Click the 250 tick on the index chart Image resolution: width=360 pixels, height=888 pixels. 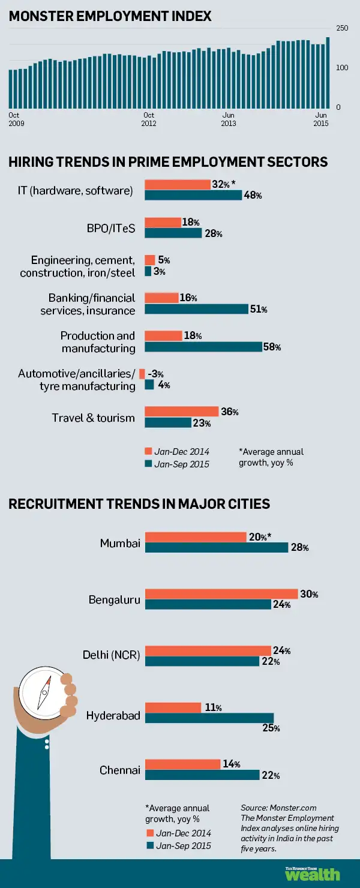click(342, 28)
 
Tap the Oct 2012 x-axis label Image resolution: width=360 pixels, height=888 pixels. click(149, 119)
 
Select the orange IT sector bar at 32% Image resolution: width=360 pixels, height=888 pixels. click(177, 185)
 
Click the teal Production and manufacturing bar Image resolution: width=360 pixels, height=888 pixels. click(203, 347)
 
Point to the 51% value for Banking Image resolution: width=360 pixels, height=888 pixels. click(259, 310)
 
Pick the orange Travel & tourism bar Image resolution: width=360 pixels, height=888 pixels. click(182, 412)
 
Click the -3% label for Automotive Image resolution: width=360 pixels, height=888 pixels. click(155, 374)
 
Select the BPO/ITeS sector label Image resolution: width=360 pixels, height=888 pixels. click(111, 229)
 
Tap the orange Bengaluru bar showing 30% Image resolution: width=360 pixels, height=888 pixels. click(221, 594)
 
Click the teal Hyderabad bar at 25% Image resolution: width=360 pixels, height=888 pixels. click(209, 718)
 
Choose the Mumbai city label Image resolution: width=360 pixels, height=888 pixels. click(120, 543)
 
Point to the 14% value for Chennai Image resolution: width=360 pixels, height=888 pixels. click(231, 764)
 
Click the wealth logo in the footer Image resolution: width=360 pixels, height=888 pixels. click(312, 874)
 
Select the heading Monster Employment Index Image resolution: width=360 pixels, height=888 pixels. click(110, 16)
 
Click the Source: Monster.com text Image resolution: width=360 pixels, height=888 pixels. click(278, 808)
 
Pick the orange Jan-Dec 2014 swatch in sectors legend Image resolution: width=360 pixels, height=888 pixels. click(148, 451)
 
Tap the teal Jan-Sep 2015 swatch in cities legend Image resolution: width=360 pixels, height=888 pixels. click(149, 845)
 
